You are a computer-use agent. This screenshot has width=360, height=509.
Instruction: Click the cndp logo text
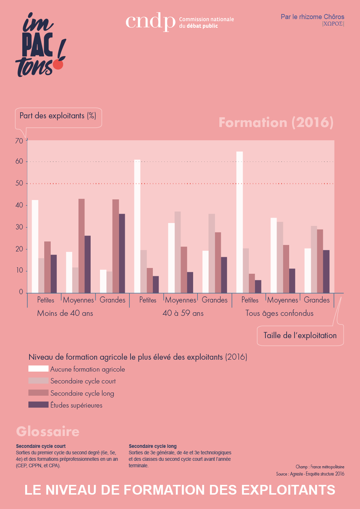pyautogui.click(x=150, y=22)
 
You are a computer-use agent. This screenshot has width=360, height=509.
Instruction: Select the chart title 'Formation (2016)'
pyautogui.click(x=276, y=123)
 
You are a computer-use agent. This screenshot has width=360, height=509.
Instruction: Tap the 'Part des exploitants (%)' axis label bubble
pyautogui.click(x=58, y=116)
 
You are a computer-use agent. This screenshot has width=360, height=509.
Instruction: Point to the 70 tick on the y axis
pyautogui.click(x=19, y=141)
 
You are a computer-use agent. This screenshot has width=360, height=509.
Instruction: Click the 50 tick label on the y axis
pyautogui.click(x=19, y=183)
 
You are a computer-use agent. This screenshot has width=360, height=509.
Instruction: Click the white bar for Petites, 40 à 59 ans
pyautogui.click(x=137, y=226)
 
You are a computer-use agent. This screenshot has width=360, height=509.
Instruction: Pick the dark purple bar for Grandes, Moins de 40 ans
pyautogui.click(x=122, y=253)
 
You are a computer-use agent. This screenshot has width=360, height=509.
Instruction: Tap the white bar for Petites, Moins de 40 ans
pyautogui.click(x=35, y=246)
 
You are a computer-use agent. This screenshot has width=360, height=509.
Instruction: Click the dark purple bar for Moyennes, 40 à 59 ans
pyautogui.click(x=190, y=282)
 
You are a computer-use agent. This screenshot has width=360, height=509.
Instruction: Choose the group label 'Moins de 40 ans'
pyautogui.click(x=65, y=313)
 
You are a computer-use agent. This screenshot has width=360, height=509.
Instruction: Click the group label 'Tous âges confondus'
pyautogui.click(x=279, y=313)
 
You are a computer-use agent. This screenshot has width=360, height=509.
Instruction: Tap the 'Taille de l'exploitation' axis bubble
pyautogui.click(x=300, y=336)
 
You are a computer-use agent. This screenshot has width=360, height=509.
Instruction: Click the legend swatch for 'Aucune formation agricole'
pyautogui.click(x=38, y=369)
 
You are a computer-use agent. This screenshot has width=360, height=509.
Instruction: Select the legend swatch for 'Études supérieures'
pyautogui.click(x=38, y=405)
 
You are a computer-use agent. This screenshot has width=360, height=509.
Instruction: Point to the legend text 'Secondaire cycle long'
pyautogui.click(x=82, y=393)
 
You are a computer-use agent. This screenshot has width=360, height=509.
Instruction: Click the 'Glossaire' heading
pyautogui.click(x=48, y=431)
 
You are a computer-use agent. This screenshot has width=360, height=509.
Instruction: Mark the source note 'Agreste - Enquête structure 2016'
pyautogui.click(x=317, y=474)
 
